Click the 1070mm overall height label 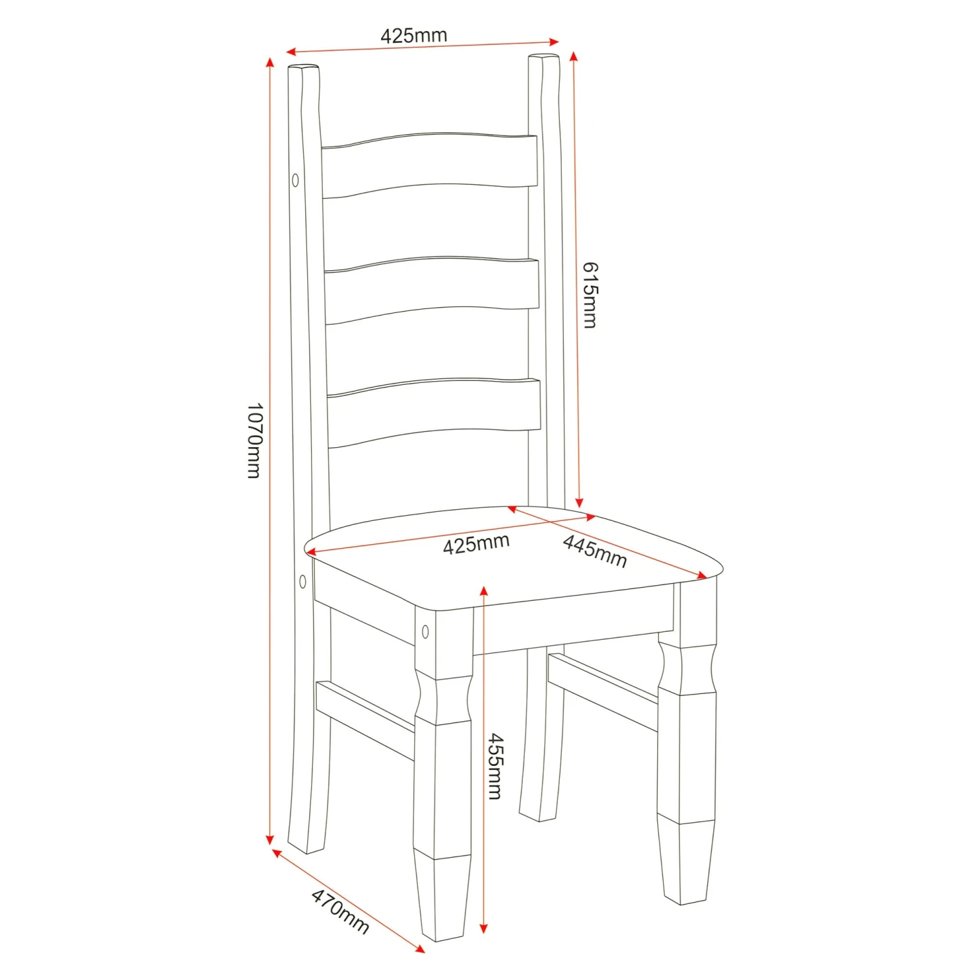[x=255, y=441]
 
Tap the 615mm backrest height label [x=590, y=295]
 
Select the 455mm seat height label [x=495, y=766]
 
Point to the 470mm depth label [x=340, y=911]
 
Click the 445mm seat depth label [x=595, y=551]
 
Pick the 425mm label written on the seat [x=476, y=544]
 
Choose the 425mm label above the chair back [x=413, y=35]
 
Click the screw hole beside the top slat [x=295, y=179]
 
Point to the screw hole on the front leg [x=425, y=631]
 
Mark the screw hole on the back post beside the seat [x=303, y=581]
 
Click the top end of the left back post [x=303, y=67]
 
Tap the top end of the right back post [x=544, y=57]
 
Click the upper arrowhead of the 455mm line [x=484, y=590]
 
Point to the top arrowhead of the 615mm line [x=573, y=56]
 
